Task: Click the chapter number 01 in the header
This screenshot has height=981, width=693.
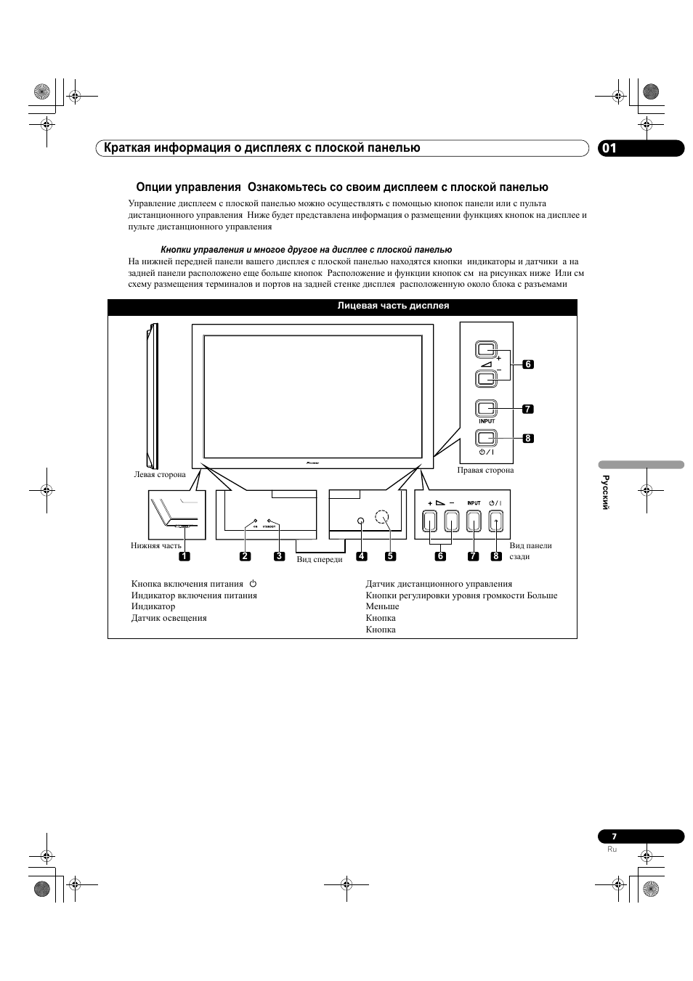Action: point(609,148)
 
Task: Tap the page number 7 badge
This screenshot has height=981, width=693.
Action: point(614,837)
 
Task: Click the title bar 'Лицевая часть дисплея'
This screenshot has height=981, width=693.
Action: point(393,306)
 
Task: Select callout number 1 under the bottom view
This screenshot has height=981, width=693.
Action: point(185,556)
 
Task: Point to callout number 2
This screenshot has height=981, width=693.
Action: point(245,556)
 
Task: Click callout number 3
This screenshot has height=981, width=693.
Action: point(279,556)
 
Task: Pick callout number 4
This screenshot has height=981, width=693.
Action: point(362,556)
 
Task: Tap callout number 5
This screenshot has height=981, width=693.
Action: point(390,556)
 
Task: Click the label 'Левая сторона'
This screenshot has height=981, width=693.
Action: point(160,475)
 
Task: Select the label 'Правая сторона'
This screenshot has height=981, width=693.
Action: point(485,470)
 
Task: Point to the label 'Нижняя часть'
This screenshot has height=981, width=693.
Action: point(156,545)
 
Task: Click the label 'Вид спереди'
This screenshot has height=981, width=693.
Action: point(320,559)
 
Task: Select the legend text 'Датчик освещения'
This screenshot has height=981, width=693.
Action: point(169,618)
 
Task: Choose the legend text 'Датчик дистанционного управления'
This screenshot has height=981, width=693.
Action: point(439,584)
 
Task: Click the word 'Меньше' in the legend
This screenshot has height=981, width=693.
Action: point(382,606)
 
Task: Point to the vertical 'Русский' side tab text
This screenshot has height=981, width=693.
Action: point(604,492)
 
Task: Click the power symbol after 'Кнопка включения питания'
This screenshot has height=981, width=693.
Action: point(253,583)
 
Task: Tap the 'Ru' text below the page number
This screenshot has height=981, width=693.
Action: point(612,849)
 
